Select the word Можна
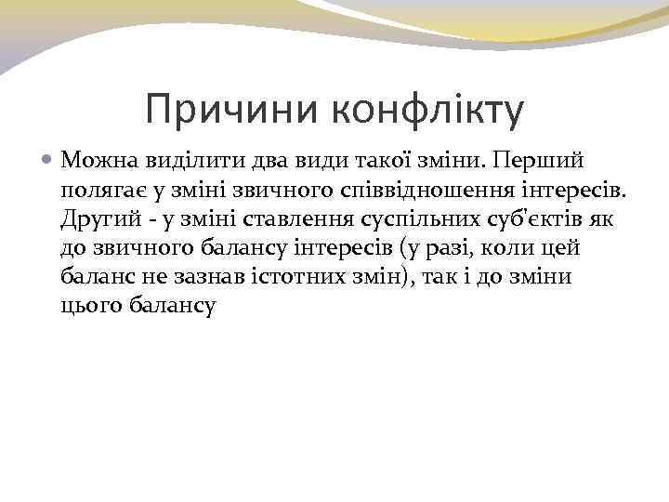[97, 161]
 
